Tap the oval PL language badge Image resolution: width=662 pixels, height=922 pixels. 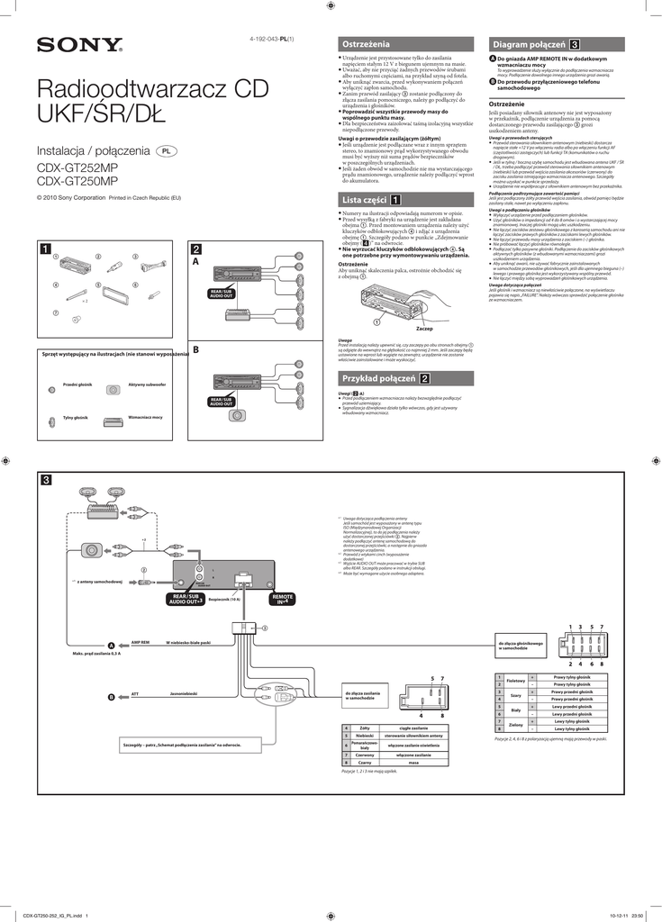167,151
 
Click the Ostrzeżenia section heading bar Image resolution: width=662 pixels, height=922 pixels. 404,44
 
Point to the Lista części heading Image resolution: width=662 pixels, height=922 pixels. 404,200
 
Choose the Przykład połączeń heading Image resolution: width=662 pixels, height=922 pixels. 404,378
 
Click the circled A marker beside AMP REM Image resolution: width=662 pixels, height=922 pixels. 112,646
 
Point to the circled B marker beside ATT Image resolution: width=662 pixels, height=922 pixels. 112,697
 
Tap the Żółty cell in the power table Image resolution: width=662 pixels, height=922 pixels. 365,727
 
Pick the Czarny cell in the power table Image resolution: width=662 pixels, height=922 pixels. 365,762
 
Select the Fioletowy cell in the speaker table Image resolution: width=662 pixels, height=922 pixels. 516,681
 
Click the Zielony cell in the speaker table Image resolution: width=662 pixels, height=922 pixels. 516,724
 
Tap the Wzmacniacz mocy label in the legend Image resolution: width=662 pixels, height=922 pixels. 145,418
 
